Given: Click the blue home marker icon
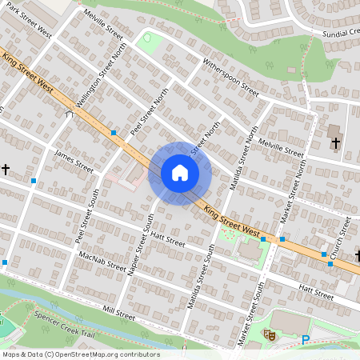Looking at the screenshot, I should pos(180,173).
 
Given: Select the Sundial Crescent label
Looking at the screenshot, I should pos(337,34).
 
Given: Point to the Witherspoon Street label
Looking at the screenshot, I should pos(231,77).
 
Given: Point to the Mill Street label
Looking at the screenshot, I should pos(118,312).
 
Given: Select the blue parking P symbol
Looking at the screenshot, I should pos(305,340).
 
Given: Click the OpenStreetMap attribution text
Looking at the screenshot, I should pos(80,354).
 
